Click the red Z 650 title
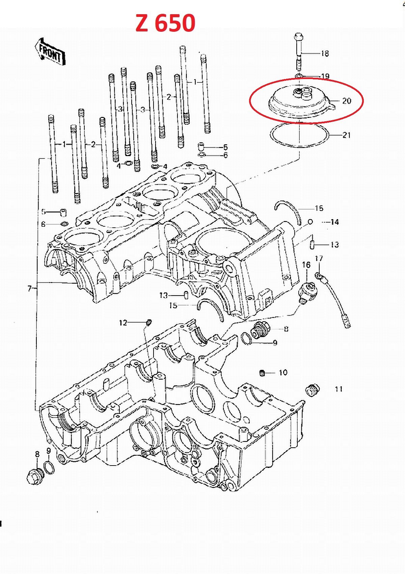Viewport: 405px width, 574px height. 165,23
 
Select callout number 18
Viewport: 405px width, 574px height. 325,54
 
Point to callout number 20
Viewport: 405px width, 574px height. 347,101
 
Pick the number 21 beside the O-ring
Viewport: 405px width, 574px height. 346,135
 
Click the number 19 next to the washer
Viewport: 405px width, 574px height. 325,76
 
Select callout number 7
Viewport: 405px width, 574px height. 29,289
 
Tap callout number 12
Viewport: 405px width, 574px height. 123,323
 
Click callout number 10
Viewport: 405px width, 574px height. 283,373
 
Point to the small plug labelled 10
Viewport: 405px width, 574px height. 262,373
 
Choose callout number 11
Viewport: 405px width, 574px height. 339,389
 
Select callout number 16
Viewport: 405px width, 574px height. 306,265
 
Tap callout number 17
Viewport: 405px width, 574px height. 319,258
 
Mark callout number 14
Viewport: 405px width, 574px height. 334,222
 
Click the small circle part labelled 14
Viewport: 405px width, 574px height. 310,222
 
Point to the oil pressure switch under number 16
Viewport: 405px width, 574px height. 308,292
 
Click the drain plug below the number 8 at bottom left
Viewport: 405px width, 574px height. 35,477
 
